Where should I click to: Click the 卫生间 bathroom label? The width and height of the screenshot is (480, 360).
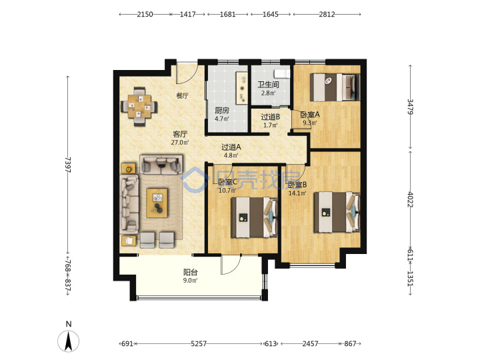coord(268,84)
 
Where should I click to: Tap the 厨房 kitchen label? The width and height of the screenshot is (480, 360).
coord(221,111)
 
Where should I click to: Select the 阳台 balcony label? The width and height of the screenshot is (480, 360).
coord(191,272)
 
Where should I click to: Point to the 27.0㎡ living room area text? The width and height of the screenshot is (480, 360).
coord(180,143)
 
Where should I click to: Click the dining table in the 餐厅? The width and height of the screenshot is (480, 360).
coord(139,107)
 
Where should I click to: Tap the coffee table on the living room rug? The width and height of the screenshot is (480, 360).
coord(157,203)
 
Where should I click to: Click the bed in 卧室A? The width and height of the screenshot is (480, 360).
coord(335,87)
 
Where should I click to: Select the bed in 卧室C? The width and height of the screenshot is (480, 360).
coord(254,217)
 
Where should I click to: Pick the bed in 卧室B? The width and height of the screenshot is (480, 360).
coord(337,212)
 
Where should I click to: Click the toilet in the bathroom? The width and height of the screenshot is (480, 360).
coord(281,73)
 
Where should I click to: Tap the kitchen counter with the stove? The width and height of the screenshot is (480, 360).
coord(241,88)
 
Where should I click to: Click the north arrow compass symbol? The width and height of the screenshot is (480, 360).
coord(68,341)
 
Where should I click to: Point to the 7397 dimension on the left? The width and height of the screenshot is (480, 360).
coord(68,165)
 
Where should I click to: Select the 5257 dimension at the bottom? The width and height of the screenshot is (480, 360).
coord(199,344)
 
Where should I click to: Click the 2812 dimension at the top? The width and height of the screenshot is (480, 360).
coord(327,14)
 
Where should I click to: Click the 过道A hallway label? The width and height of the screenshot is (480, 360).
coord(231,147)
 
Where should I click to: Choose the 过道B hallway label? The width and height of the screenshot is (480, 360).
coord(270,117)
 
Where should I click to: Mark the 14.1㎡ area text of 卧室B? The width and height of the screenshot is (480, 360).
coord(297,193)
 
